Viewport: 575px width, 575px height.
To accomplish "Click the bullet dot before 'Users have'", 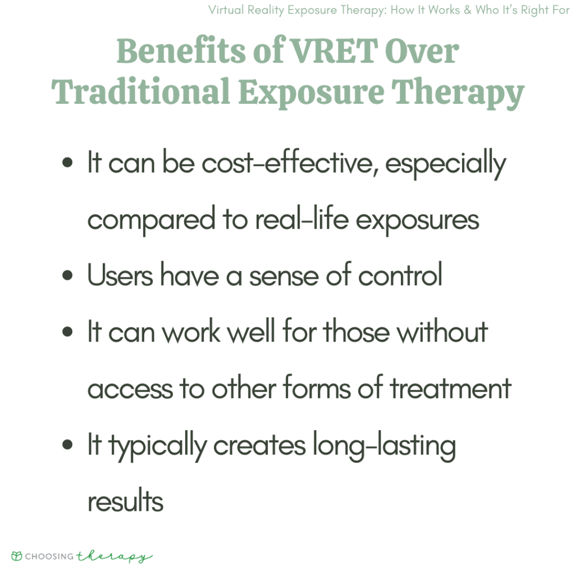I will click(x=68, y=276).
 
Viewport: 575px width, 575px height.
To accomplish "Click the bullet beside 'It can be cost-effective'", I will click(x=68, y=163).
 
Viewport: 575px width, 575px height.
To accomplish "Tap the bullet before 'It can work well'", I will click(x=68, y=332).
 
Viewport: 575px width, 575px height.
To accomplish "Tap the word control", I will click(x=400, y=276).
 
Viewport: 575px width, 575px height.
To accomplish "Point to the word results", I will click(x=125, y=501).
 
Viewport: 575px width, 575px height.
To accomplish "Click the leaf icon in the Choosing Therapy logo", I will click(x=17, y=556).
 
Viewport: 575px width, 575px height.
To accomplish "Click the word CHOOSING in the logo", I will click(x=49, y=556).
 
